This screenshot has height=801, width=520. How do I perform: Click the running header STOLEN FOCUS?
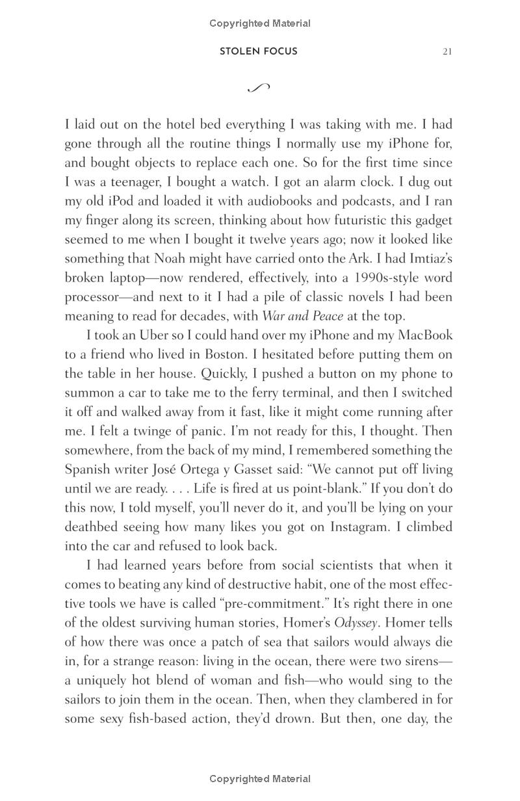(x=259, y=51)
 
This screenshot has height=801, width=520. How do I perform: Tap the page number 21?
(x=447, y=52)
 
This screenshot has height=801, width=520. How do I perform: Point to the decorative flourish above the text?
(x=259, y=88)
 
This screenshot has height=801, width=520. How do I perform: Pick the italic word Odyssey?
(x=356, y=623)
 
